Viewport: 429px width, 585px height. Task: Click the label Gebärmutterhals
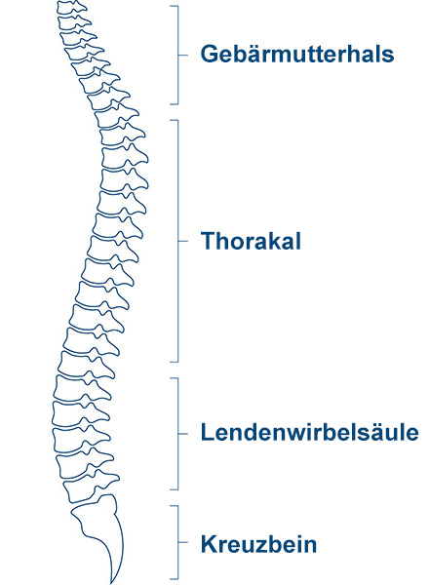click(x=297, y=54)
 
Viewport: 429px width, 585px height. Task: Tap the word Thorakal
click(x=251, y=241)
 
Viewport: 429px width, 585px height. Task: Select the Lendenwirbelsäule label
click(x=310, y=432)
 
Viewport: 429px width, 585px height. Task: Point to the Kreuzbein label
click(x=259, y=544)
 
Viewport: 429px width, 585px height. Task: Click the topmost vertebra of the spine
click(x=71, y=7)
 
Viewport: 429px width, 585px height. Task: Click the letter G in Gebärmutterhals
click(x=209, y=54)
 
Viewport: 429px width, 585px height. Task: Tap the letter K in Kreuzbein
click(x=209, y=544)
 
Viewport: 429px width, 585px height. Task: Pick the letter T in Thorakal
click(x=209, y=241)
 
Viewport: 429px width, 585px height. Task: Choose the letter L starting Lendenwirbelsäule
click(x=208, y=432)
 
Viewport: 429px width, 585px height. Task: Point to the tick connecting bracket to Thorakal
click(x=182, y=241)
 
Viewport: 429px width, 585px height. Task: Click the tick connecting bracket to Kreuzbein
click(x=182, y=542)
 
